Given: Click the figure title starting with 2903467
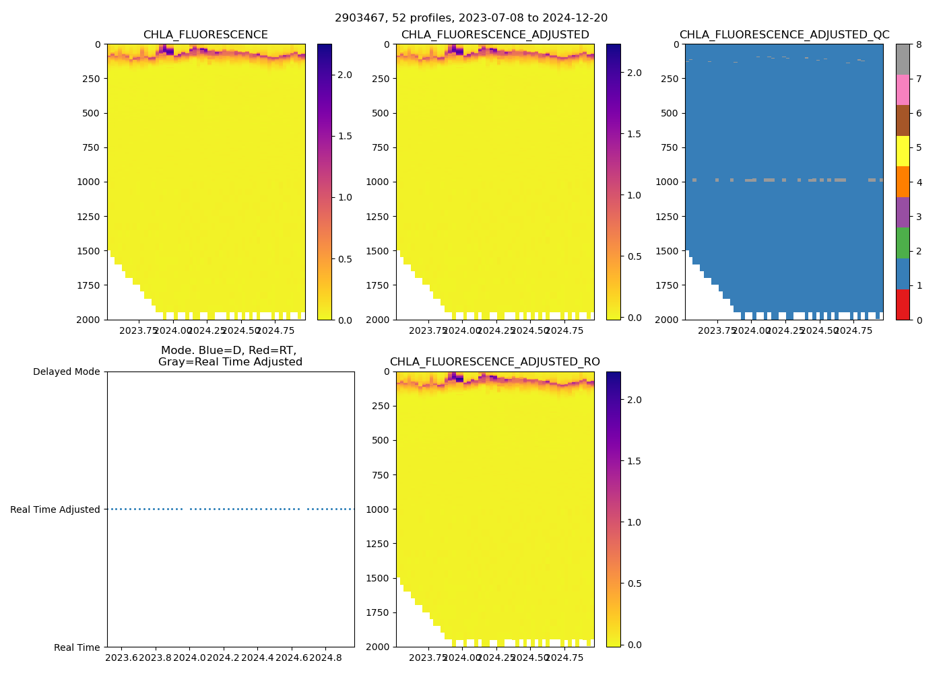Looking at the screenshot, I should [471, 18].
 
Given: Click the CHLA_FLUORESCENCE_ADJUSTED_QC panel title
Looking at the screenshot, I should [784, 35].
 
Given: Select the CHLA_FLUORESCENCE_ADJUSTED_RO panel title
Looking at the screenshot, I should [494, 362].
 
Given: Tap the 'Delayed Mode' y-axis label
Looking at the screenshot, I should [66, 372].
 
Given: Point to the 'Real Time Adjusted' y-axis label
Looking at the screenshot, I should [55, 509].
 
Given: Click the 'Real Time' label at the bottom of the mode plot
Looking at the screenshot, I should [77, 647].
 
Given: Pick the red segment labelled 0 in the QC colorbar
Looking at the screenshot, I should [903, 304].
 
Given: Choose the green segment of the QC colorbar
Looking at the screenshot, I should [903, 243].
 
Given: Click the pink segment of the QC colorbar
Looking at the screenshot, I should [903, 90].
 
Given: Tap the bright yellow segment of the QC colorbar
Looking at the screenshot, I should [903, 151].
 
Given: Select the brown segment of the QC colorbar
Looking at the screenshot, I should [903, 120].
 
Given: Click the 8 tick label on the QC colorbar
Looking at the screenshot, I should [918, 45].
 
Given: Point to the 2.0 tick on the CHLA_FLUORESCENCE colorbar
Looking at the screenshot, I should [344, 75].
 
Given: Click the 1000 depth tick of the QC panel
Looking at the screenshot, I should [667, 182].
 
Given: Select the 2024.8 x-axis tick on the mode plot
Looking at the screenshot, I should [326, 658].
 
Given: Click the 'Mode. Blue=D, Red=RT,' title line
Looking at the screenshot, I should [229, 351].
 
